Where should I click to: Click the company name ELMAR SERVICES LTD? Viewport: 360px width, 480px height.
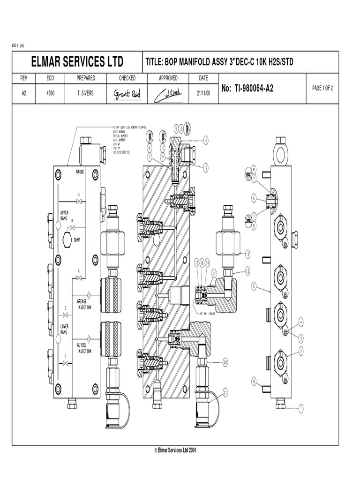pyautogui.click(x=77, y=62)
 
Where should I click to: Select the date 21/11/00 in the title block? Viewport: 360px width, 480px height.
pyautogui.click(x=203, y=93)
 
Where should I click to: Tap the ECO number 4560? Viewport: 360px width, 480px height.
pyautogui.click(x=50, y=93)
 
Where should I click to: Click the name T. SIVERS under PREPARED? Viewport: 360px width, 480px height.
pyautogui.click(x=86, y=93)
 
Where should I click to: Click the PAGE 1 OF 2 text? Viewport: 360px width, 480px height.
pyautogui.click(x=322, y=88)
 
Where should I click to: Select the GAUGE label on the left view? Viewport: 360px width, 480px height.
pyautogui.click(x=81, y=172)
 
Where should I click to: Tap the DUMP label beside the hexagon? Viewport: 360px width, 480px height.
pyautogui.click(x=77, y=240)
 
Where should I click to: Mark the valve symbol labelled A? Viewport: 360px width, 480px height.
pyautogui.click(x=79, y=202)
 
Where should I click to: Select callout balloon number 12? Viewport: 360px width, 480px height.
pyautogui.click(x=205, y=166)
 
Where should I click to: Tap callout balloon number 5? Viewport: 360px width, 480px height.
pyautogui.click(x=254, y=285)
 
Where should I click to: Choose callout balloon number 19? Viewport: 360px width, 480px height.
pyautogui.click(x=247, y=254)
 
